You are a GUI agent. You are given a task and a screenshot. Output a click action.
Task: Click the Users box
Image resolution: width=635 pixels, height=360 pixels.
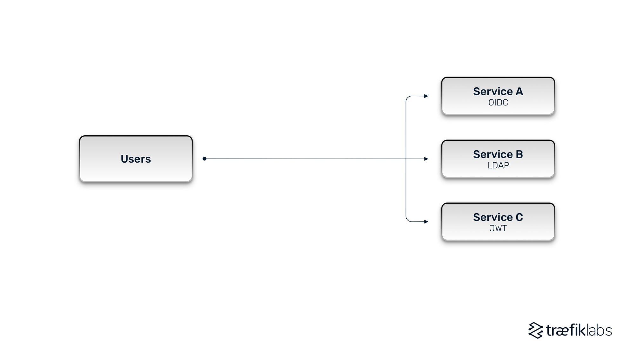[136, 172]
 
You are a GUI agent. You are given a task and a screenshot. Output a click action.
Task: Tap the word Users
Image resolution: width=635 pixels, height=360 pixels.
[136, 159]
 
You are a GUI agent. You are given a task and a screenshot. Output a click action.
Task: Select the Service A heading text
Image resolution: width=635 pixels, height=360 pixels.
[498, 92]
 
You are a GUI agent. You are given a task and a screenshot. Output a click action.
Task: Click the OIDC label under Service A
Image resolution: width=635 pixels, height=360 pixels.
[498, 103]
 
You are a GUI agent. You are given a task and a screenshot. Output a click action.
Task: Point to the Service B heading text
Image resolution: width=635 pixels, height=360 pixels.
[498, 154]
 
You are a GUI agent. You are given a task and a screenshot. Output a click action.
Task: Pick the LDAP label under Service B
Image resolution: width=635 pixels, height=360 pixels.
[498, 166]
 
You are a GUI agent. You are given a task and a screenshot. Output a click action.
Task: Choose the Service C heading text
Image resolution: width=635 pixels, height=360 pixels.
[498, 217]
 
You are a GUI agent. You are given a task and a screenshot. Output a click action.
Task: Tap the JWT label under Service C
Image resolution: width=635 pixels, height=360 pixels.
[498, 228]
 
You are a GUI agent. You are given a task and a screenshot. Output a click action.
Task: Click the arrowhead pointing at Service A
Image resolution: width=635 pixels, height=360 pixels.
[426, 96]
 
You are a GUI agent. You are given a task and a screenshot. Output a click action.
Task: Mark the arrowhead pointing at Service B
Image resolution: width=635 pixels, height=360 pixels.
[426, 159]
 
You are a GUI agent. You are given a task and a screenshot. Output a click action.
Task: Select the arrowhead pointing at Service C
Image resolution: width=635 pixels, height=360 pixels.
[426, 222]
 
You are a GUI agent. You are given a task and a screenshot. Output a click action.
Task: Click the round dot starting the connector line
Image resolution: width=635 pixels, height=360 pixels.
[204, 159]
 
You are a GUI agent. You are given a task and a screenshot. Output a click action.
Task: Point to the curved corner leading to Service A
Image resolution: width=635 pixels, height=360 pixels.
[408, 98]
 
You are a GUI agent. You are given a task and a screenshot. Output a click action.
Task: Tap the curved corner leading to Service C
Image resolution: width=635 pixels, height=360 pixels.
[408, 220]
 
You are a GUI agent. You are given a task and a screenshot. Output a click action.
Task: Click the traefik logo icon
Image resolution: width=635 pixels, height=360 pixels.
[536, 330]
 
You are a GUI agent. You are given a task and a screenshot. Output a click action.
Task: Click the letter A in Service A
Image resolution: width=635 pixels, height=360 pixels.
[519, 92]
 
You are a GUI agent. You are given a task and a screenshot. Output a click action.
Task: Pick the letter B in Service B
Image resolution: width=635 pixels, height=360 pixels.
[519, 154]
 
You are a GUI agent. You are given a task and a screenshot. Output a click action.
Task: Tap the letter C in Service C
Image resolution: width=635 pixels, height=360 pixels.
[519, 217]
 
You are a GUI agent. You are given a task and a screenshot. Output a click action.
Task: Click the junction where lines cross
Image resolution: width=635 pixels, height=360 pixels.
[406, 159]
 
